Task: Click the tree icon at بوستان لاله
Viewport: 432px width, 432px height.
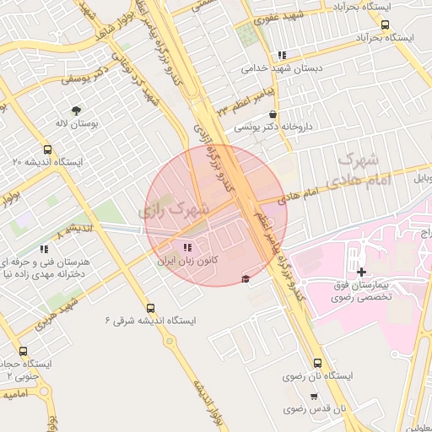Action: [x=77, y=110]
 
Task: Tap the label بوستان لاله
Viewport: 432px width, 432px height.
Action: [x=78, y=124]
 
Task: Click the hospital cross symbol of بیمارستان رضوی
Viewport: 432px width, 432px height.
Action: [x=362, y=271]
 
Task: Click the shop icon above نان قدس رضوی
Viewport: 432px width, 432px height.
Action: [x=314, y=396]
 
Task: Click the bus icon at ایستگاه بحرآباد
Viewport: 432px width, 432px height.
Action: [x=385, y=25]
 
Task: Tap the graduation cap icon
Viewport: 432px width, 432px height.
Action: [x=246, y=279]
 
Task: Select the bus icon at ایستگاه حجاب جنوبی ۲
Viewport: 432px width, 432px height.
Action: [x=23, y=351]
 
